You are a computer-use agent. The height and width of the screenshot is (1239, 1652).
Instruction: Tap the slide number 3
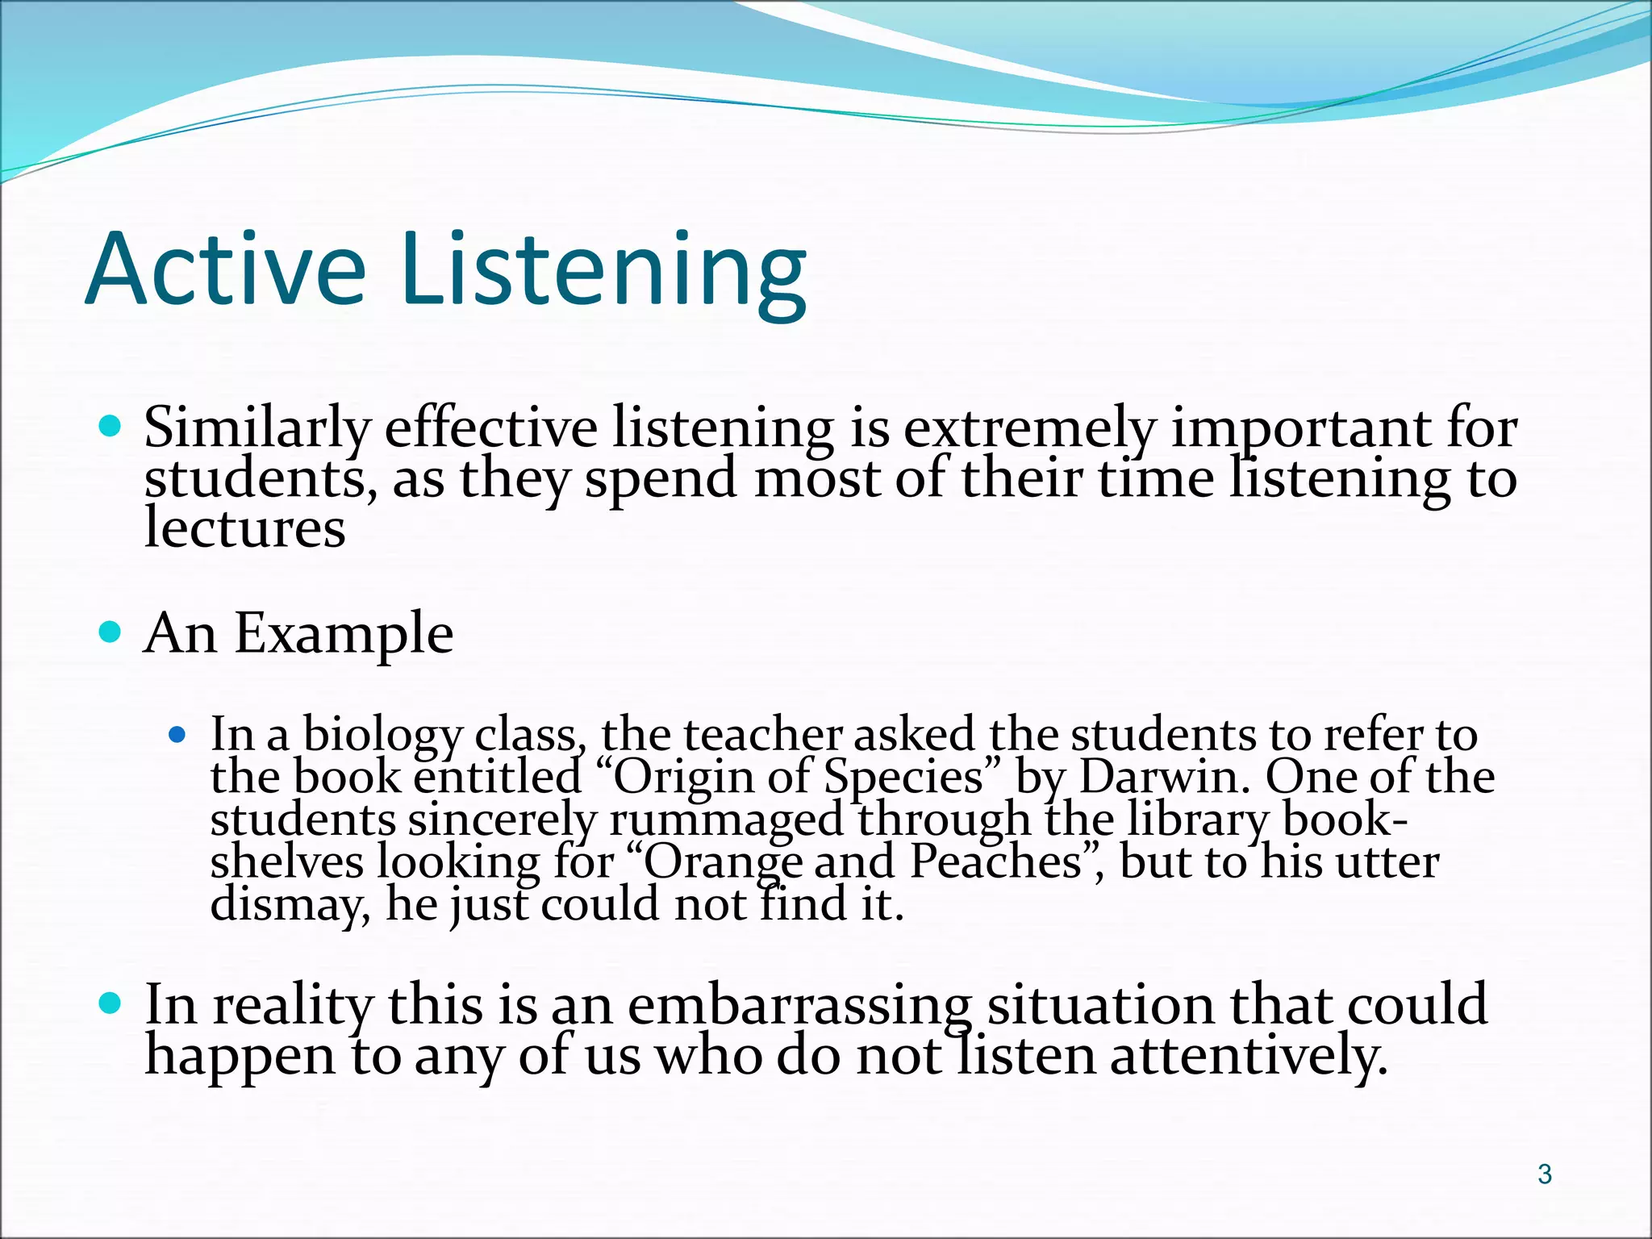click(1544, 1174)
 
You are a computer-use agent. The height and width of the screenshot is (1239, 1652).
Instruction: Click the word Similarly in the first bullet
click(257, 428)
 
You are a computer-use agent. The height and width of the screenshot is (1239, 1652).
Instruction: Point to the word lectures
click(244, 529)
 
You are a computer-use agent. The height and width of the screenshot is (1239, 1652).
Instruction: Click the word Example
click(344, 635)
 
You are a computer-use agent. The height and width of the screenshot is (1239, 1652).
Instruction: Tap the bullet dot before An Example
click(111, 631)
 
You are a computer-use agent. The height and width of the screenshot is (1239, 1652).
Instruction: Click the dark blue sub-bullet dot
click(177, 736)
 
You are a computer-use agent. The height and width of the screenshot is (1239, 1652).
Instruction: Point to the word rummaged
click(726, 820)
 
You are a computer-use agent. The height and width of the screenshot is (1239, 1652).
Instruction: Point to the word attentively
click(1249, 1056)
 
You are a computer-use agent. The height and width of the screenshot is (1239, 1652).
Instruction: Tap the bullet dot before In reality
click(111, 1004)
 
